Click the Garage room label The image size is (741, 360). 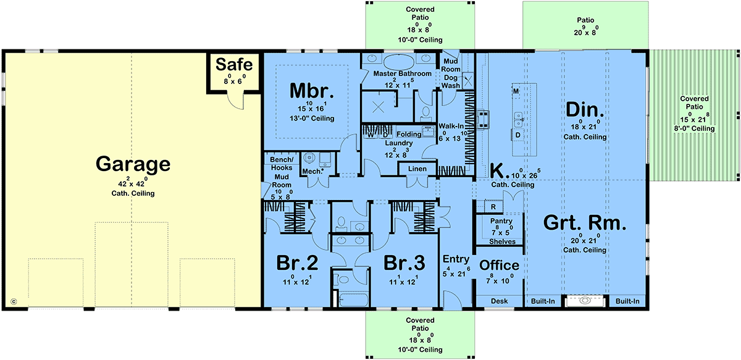click(x=133, y=164)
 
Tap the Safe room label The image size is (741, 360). click(x=234, y=64)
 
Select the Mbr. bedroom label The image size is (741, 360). click(x=312, y=91)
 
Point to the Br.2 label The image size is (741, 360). click(x=297, y=263)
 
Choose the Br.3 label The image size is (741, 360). click(x=404, y=263)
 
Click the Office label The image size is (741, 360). click(x=499, y=265)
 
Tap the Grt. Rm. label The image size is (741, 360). click(x=585, y=223)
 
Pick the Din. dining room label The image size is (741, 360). click(x=585, y=109)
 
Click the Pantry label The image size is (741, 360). click(x=501, y=220)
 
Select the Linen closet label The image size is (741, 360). click(x=417, y=169)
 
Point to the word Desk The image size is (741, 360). click(x=499, y=301)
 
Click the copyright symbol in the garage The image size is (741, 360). click(x=14, y=301)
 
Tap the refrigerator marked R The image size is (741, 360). click(x=493, y=207)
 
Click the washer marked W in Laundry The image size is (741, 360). click(x=371, y=135)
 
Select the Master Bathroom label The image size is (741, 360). click(x=402, y=73)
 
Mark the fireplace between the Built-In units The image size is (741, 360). click(x=585, y=301)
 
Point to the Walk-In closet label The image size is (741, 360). click(x=451, y=126)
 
